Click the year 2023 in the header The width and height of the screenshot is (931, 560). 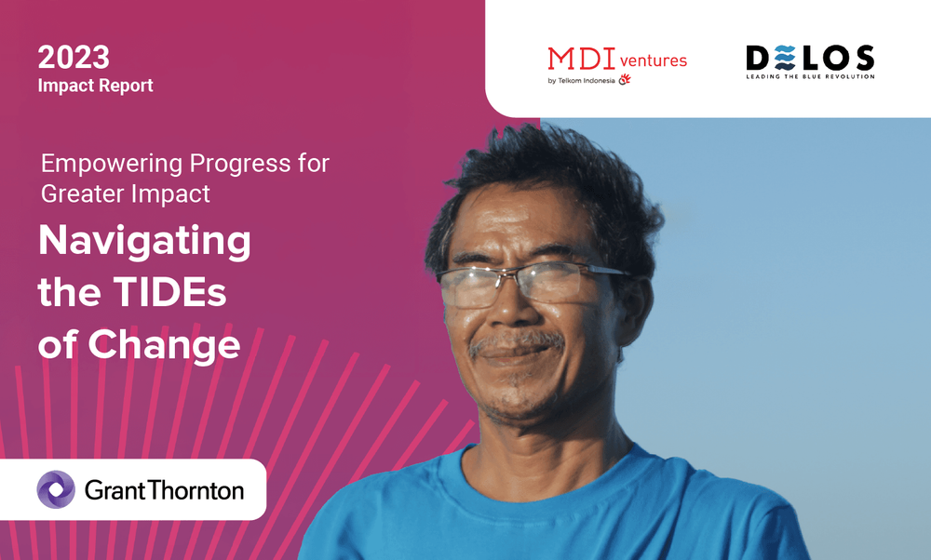(x=74, y=57)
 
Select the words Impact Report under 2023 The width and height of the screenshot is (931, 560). (x=95, y=86)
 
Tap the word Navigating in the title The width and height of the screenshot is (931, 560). (x=144, y=243)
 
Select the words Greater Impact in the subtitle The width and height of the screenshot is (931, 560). (x=125, y=193)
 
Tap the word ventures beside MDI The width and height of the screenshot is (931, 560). (x=653, y=60)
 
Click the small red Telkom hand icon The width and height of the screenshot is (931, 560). (x=625, y=80)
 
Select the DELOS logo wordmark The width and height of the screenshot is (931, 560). (x=809, y=59)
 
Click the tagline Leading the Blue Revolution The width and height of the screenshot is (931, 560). (x=809, y=76)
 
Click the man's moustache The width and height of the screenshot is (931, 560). (x=515, y=343)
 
